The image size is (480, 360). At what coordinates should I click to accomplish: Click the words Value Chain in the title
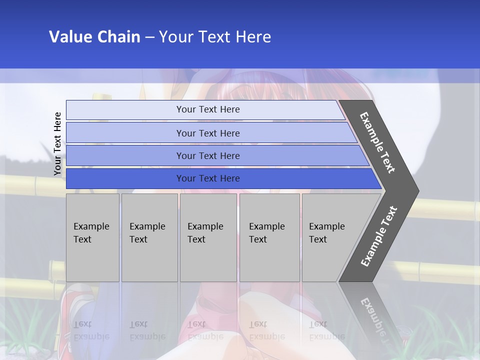(x=94, y=37)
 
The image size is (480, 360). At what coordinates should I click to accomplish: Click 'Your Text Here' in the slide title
(x=215, y=37)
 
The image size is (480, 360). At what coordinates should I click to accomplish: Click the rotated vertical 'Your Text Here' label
(x=57, y=144)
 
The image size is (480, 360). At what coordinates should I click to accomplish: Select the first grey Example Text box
(x=92, y=237)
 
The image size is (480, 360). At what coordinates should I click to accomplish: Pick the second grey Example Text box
(x=149, y=237)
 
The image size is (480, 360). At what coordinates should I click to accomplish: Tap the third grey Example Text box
(x=208, y=237)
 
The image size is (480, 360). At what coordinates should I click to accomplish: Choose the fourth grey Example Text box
(x=269, y=237)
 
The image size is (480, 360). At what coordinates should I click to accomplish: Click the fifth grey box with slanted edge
(x=330, y=237)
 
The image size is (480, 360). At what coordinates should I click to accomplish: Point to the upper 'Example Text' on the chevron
(x=377, y=143)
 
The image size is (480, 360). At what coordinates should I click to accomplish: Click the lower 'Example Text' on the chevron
(x=379, y=236)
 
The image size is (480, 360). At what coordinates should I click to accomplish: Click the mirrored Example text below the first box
(x=91, y=330)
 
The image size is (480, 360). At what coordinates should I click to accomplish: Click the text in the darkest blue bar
(x=208, y=178)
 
